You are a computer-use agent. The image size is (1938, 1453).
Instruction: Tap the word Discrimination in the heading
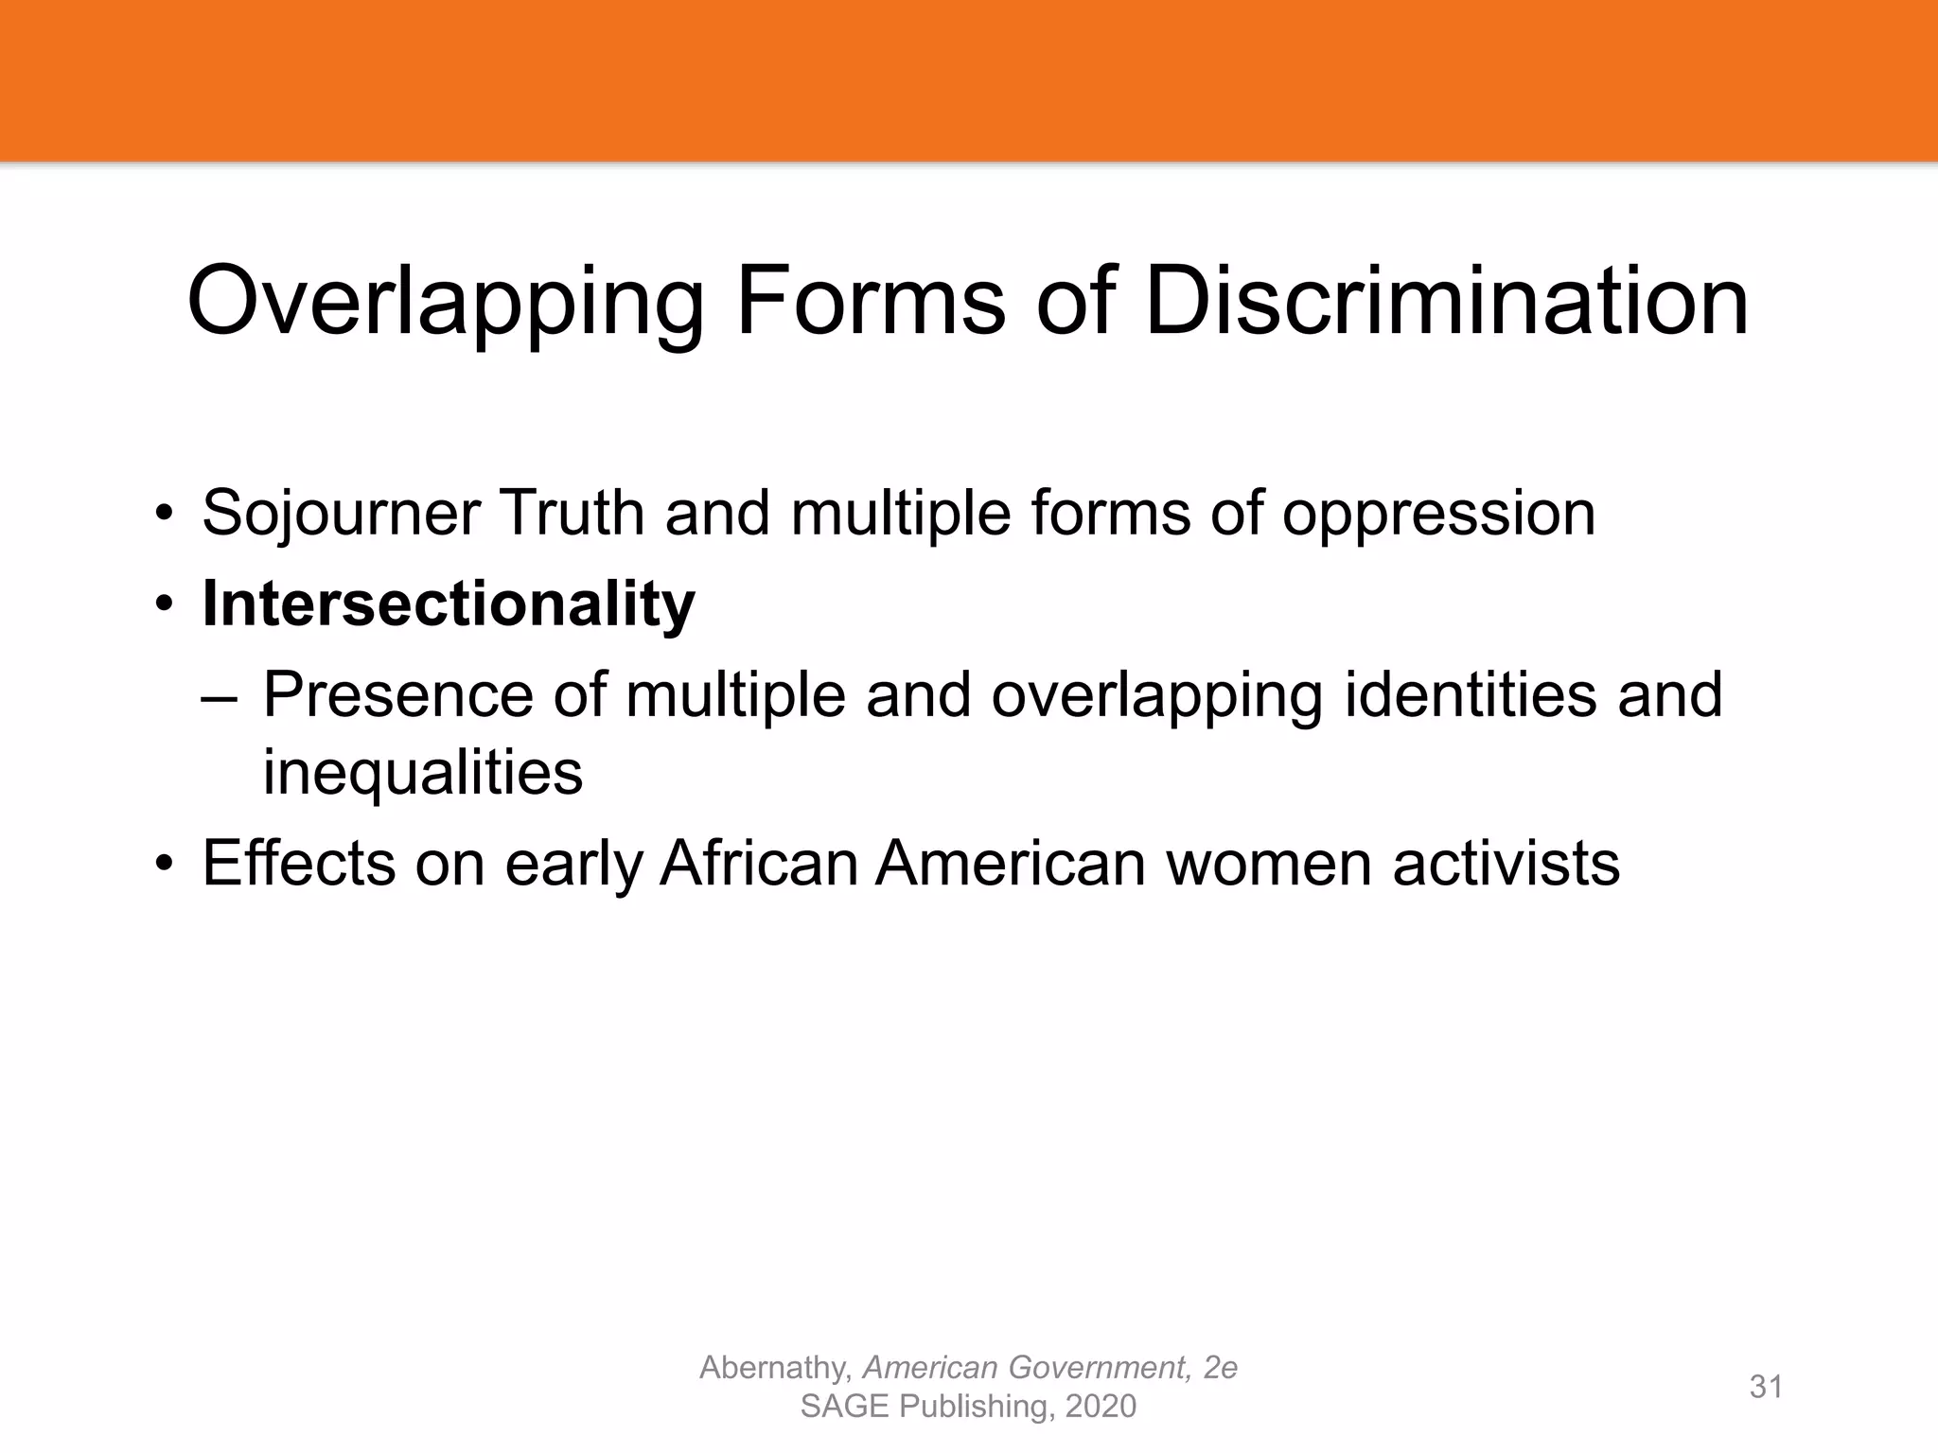click(1446, 301)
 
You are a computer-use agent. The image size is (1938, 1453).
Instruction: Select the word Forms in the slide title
click(870, 301)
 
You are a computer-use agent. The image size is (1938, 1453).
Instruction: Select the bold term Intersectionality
click(449, 604)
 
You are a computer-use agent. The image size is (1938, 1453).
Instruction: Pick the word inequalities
click(422, 773)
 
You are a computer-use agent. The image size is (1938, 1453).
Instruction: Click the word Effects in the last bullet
click(298, 863)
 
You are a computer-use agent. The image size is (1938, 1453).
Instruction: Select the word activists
click(1506, 863)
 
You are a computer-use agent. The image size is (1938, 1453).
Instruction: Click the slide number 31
click(1766, 1387)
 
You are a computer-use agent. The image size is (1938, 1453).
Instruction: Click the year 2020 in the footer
click(1100, 1407)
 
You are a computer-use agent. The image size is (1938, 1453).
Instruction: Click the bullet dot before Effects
click(166, 865)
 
